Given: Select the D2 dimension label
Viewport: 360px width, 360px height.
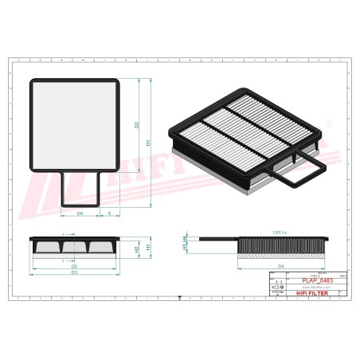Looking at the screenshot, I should [x=137, y=125].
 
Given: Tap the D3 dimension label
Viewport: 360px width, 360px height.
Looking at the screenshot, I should [x=74, y=272].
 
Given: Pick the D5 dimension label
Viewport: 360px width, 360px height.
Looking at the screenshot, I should [x=75, y=264].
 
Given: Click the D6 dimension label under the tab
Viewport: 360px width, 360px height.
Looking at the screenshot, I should [x=80, y=214].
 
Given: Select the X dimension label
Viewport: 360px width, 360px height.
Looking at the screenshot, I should [x=109, y=214].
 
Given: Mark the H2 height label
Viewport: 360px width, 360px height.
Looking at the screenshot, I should [x=138, y=250].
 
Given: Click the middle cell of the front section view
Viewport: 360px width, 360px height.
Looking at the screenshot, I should [x=75, y=248].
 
